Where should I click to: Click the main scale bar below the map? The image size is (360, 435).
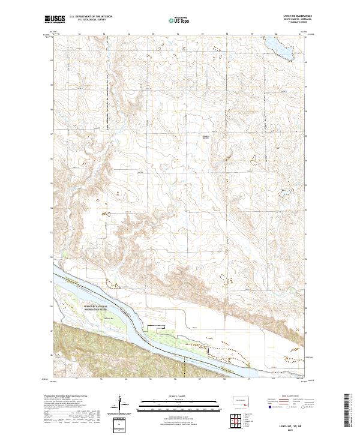(180, 400)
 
